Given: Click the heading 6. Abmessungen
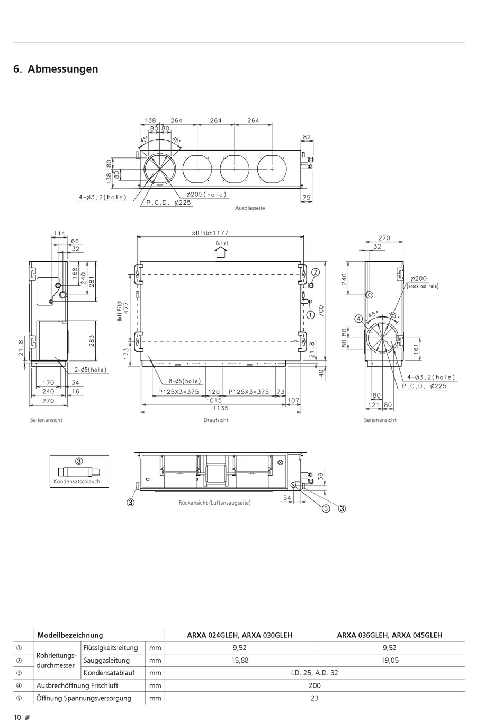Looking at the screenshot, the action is click(x=56, y=69).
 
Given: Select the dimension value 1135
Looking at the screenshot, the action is click(x=220, y=408).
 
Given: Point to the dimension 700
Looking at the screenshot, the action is click(x=321, y=311).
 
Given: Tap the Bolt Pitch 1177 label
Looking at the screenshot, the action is click(x=210, y=233).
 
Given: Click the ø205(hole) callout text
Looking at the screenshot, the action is click(x=206, y=195).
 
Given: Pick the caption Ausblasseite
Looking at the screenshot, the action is click(x=250, y=208).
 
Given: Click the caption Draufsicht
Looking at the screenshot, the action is click(x=216, y=420).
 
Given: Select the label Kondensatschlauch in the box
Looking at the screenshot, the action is click(x=77, y=481).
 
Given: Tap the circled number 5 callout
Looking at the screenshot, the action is click(x=326, y=508).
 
